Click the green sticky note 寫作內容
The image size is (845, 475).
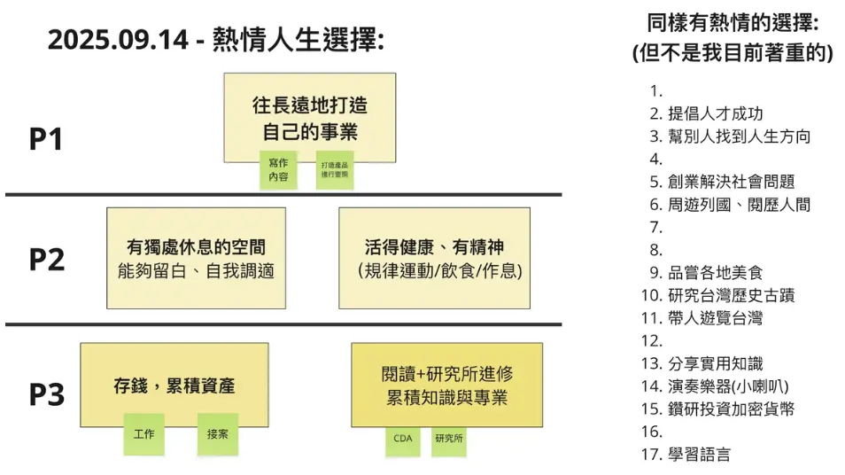point(278,170)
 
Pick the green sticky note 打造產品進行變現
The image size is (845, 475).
point(335,170)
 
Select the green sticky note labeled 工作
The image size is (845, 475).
point(144,434)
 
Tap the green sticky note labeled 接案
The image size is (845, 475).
point(218,434)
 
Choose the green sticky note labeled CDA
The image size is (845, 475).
point(402,438)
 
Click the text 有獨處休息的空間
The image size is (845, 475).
point(196,247)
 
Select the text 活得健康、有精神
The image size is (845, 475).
point(434,247)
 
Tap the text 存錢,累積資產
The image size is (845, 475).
point(174,386)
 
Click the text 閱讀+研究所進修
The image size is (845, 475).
point(446,374)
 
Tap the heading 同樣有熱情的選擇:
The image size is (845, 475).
point(733,23)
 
